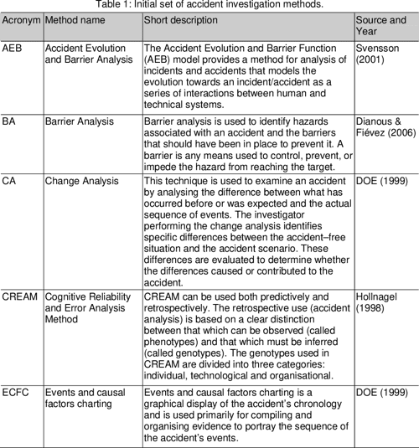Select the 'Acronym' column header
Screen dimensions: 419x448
(21, 19)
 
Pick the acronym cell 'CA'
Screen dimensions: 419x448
(11, 180)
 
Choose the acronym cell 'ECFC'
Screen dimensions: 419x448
(18, 392)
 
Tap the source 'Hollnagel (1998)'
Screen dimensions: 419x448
(378, 303)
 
